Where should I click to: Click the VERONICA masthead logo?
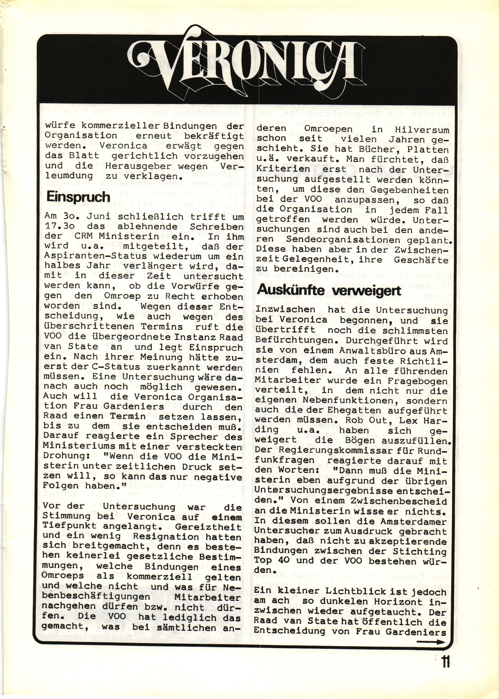click(246, 64)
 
